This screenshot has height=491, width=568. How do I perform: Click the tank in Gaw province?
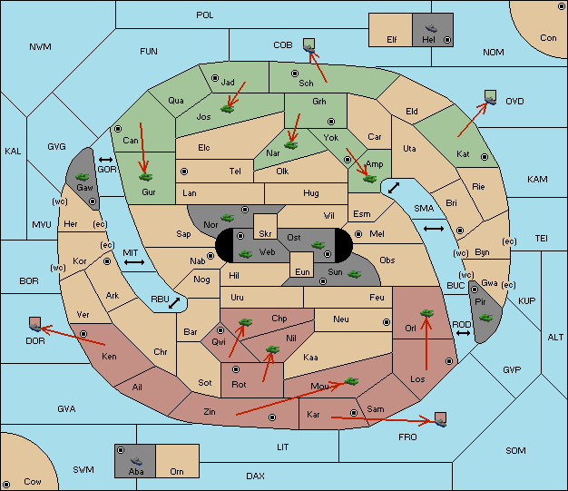pyautogui.click(x=83, y=177)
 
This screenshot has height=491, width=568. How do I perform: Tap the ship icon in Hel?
pyautogui.click(x=431, y=28)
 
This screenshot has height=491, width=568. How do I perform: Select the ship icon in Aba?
pyautogui.click(x=136, y=461)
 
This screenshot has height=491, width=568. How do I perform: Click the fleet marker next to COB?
pyautogui.click(x=309, y=45)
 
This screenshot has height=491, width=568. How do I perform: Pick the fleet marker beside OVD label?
pyautogui.click(x=491, y=98)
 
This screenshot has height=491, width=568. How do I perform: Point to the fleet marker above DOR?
pyautogui.click(x=34, y=324)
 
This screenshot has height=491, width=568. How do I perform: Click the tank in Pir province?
pyautogui.click(x=485, y=318)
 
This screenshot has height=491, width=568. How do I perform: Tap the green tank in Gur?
pyautogui.click(x=146, y=177)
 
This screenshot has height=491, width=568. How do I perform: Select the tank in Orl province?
pyautogui.click(x=426, y=313)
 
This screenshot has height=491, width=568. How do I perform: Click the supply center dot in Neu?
pyautogui.click(x=387, y=322)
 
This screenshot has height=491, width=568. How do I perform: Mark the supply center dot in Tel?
pyautogui.click(x=184, y=172)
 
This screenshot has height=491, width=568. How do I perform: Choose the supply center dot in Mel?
pyautogui.click(x=358, y=234)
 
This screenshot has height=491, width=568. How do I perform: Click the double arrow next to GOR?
pyautogui.click(x=106, y=160)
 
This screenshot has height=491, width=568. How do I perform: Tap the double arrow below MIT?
pyautogui.click(x=134, y=262)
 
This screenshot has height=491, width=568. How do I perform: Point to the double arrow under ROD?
pyautogui.click(x=463, y=333)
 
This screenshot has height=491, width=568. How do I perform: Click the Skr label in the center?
pyautogui.click(x=265, y=234)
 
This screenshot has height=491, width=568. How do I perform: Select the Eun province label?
pyautogui.click(x=302, y=271)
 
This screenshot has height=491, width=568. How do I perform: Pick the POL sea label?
pyautogui.click(x=205, y=15)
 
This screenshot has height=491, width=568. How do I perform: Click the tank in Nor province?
pyautogui.click(x=228, y=218)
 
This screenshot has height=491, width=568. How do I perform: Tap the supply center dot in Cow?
pyautogui.click(x=6, y=485)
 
